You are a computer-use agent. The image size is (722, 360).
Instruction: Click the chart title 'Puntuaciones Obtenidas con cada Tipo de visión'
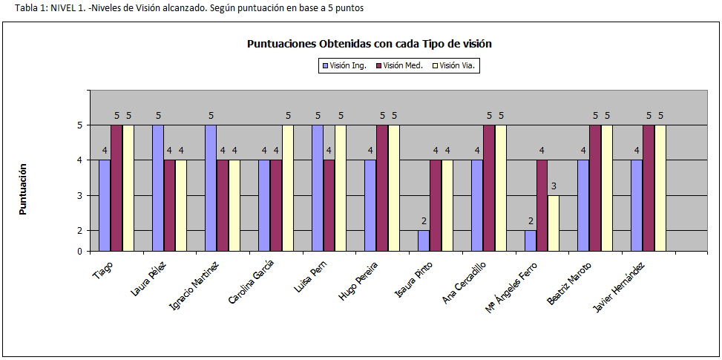[x=369, y=44]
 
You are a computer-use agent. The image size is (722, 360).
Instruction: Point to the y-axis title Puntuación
[x=22, y=190]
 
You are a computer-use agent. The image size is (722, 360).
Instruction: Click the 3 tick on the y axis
[x=80, y=196]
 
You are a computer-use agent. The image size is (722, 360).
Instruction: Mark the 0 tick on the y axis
[x=80, y=252]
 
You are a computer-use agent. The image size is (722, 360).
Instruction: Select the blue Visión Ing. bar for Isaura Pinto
[x=423, y=240]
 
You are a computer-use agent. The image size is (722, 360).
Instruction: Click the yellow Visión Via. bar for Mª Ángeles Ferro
[x=554, y=223]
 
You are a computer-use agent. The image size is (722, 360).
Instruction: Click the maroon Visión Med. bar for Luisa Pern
[x=329, y=206]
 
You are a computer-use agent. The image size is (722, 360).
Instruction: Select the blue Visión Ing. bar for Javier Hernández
[x=637, y=206]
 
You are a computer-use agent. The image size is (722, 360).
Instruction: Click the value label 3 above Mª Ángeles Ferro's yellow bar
[x=554, y=186]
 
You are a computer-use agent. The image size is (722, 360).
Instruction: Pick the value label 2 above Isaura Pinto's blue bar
[x=423, y=221]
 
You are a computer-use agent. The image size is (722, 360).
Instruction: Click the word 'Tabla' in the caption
[x=15, y=8]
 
